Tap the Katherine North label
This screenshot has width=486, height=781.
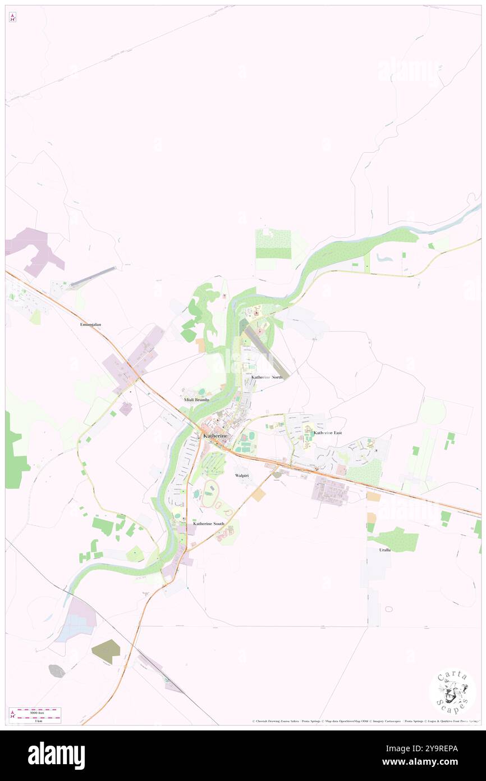click(267, 377)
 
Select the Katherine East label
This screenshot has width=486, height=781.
click(328, 433)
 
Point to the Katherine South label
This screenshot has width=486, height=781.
click(209, 524)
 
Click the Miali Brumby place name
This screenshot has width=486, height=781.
click(196, 399)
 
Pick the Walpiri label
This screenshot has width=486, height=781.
click(241, 475)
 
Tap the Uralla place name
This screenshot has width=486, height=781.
click(384, 550)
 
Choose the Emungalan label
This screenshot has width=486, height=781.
click(91, 325)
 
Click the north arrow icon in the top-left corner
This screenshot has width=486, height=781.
click(12, 17)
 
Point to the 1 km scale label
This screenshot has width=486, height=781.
click(39, 720)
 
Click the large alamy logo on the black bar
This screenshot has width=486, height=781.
click(56, 756)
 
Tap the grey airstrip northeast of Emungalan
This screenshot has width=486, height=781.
click(93, 278)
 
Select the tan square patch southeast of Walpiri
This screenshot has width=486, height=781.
click(258, 495)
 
